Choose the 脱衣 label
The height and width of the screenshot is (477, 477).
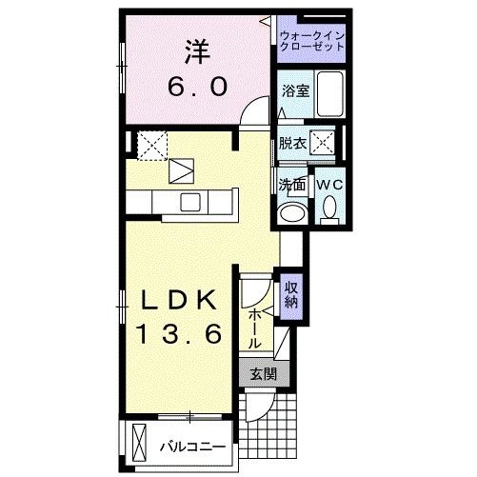tap(292, 145)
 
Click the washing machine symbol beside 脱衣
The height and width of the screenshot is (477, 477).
tap(324, 144)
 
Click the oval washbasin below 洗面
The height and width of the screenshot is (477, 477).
tap(293, 210)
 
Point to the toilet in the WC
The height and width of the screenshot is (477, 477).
tap(328, 207)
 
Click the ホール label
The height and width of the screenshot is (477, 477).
tap(255, 326)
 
